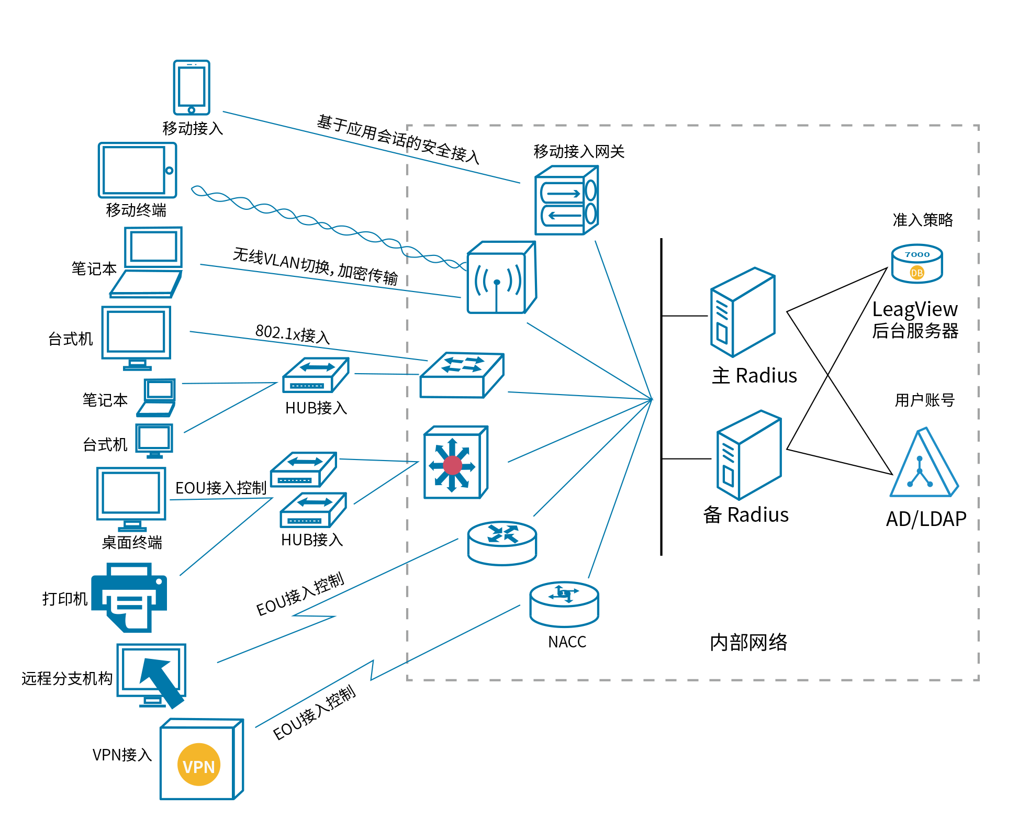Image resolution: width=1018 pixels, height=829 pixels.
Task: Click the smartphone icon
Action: (192, 87)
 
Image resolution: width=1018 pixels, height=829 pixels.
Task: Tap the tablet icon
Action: (137, 170)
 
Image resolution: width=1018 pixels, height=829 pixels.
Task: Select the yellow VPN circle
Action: (199, 765)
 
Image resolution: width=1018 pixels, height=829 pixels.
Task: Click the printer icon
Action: (129, 597)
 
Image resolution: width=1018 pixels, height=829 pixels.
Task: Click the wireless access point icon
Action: (501, 278)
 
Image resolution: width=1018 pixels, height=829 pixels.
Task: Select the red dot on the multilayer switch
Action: (452, 465)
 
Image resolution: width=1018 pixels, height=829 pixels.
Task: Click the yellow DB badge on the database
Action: (916, 273)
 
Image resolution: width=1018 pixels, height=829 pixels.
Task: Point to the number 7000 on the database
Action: (917, 255)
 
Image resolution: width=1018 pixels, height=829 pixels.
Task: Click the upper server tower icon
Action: (742, 312)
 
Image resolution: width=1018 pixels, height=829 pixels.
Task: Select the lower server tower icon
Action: (748, 455)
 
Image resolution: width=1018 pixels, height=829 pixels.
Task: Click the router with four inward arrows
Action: (502, 543)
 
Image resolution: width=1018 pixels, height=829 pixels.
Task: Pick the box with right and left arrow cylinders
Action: (566, 201)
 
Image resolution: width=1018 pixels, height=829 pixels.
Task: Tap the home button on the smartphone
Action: (192, 110)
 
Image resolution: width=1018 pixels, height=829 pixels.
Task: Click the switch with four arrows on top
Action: (461, 375)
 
